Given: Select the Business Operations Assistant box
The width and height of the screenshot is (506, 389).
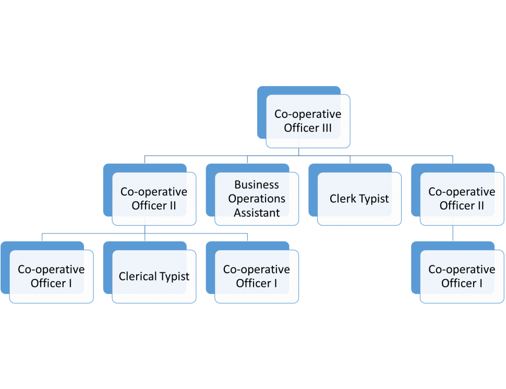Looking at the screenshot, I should [257, 199].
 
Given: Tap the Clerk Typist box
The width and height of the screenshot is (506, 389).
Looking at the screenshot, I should [359, 199].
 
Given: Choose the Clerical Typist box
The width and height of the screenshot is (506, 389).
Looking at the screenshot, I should [154, 276].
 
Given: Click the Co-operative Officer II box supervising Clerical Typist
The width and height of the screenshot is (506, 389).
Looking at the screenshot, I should [154, 199].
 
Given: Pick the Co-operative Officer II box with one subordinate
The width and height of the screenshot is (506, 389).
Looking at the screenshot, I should [462, 199].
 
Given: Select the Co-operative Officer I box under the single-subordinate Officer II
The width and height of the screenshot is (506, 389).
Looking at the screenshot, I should [462, 276].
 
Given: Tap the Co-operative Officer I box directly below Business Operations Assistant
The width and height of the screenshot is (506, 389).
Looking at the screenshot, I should [257, 276].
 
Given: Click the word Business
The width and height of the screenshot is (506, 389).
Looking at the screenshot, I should [257, 185].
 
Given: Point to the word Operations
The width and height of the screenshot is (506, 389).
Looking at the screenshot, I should [257, 199].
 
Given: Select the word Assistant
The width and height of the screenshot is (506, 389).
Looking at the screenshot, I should [257, 213].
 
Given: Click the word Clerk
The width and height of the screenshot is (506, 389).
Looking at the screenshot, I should [342, 199].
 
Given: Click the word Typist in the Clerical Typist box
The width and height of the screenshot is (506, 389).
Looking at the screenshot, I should [174, 276].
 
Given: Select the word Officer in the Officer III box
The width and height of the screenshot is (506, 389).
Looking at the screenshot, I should [299, 128].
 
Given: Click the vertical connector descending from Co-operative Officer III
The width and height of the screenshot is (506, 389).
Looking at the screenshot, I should [298, 151].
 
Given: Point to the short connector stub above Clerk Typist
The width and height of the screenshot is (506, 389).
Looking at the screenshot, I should [350, 159].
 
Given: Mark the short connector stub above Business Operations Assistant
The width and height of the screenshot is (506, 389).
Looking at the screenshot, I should [247, 159].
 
